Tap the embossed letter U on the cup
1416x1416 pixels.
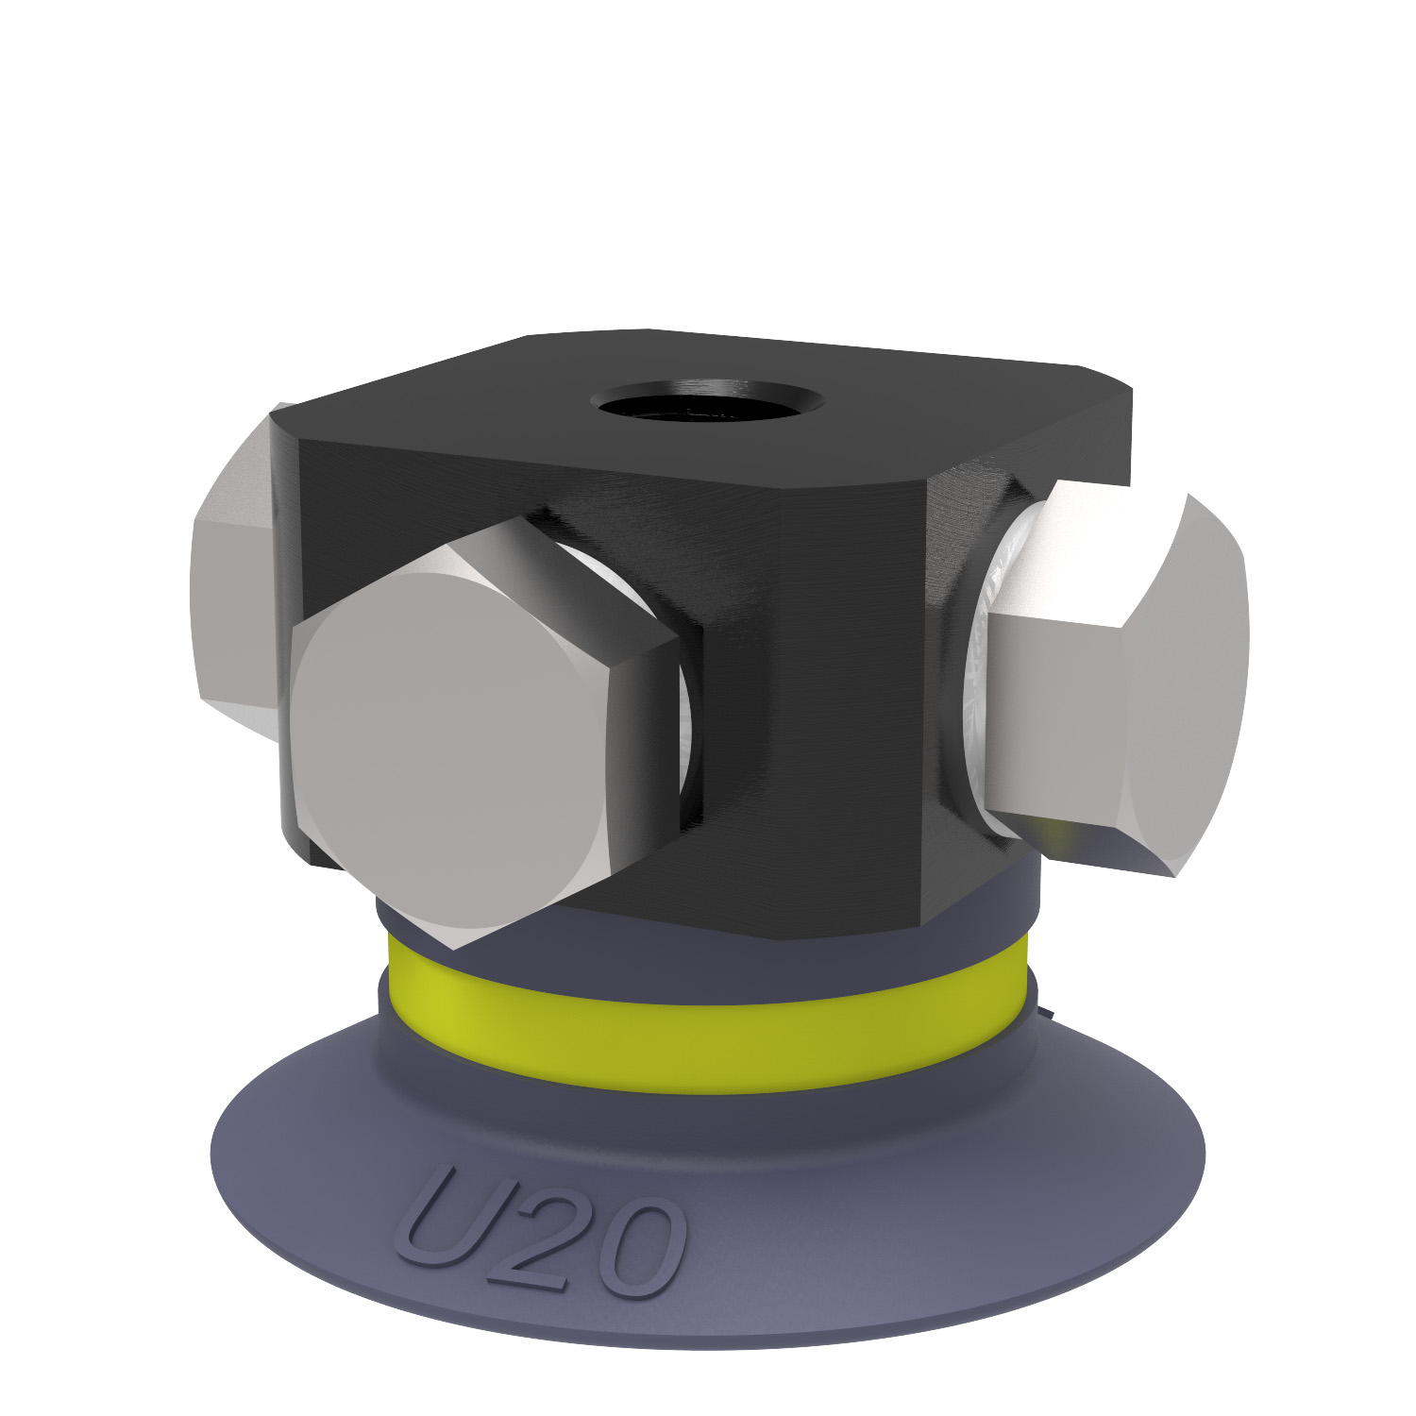pyautogui.click(x=450, y=1218)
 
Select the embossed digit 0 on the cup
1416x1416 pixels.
pyautogui.click(x=634, y=1251)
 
